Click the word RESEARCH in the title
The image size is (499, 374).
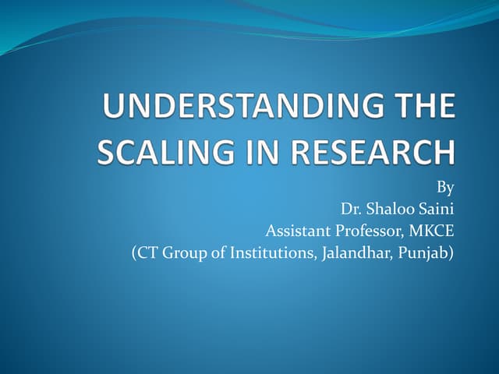click(361, 151)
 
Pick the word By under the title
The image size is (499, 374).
click(446, 188)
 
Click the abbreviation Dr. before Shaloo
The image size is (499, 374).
click(352, 210)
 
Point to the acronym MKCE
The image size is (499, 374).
click(433, 231)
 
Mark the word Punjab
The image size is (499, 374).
click(425, 253)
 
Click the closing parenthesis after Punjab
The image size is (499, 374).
click(451, 253)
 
